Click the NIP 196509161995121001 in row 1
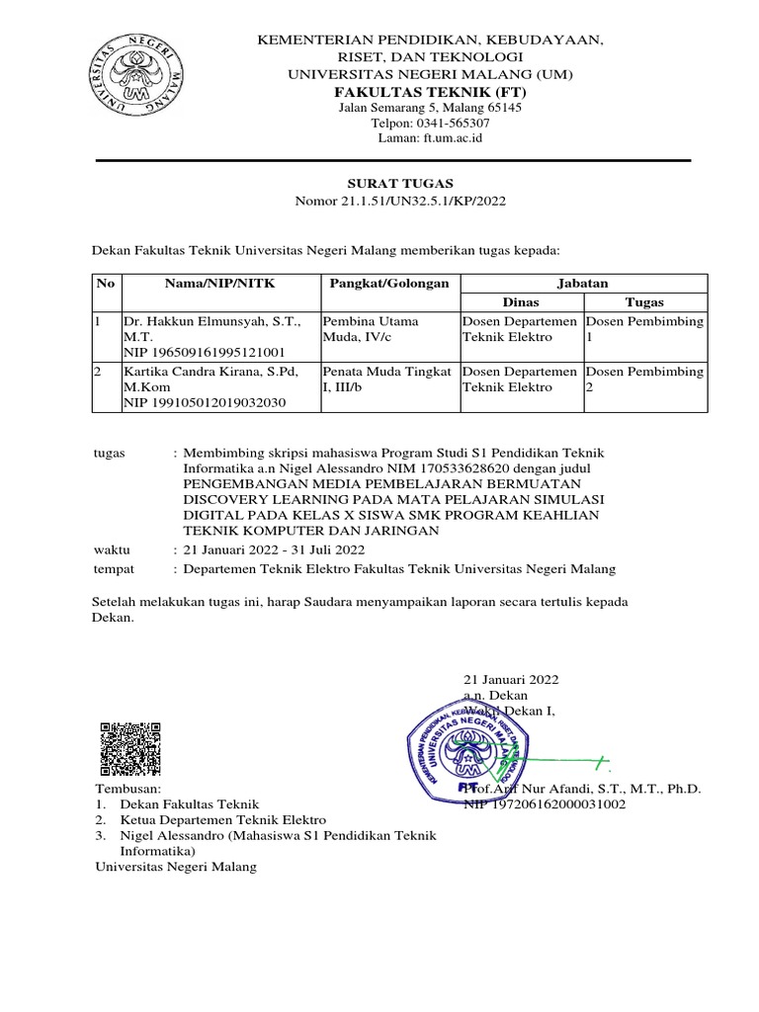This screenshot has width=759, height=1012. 204,353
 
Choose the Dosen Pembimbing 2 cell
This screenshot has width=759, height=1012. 644,379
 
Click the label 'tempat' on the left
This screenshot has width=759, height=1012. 114,569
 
